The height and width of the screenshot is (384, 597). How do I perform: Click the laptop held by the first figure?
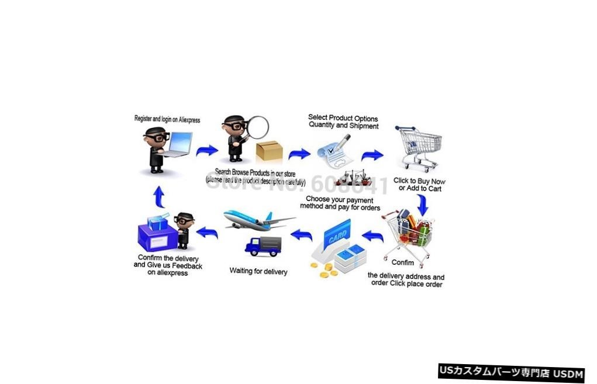click(x=178, y=144)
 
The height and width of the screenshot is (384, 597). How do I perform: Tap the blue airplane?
click(x=257, y=220)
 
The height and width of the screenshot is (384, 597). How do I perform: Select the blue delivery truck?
click(x=263, y=245)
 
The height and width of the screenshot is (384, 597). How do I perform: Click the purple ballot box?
click(x=157, y=235)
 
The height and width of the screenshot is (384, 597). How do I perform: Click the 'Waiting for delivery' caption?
click(x=258, y=271)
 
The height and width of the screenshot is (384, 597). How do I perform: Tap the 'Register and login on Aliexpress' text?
click(x=167, y=119)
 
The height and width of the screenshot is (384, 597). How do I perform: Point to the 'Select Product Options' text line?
click(x=343, y=118)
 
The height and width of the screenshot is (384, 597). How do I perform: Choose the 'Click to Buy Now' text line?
click(x=419, y=181)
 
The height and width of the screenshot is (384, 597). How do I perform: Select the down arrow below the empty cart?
click(x=422, y=204)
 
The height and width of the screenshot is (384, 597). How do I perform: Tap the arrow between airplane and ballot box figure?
click(x=208, y=232)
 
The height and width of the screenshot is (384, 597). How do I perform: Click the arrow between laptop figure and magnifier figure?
click(x=207, y=150)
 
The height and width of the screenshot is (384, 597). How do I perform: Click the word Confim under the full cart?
click(x=402, y=263)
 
